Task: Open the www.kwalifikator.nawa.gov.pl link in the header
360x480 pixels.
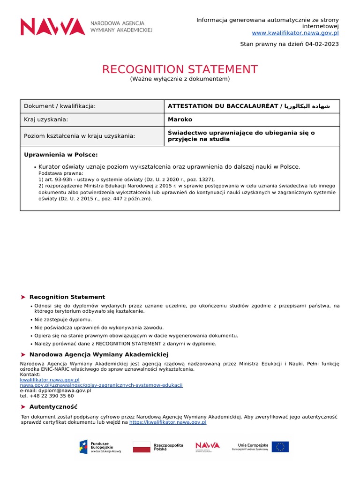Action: (295, 33)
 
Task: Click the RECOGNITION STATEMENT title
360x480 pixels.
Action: (180, 70)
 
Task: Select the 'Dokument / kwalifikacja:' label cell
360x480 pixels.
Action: (60, 106)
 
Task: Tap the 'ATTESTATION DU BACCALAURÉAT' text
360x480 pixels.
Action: (223, 106)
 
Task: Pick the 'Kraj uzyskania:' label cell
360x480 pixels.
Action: (46, 120)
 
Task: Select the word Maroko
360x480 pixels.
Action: (180, 120)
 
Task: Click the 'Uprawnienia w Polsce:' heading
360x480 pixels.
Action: (60, 155)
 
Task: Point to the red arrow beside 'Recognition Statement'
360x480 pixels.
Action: (23, 297)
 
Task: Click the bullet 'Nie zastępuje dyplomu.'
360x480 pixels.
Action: (63, 319)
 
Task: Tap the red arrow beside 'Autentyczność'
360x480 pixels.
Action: (23, 407)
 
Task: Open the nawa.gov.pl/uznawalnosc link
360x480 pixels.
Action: (101, 385)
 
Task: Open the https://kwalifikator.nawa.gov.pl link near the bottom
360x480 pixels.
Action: (167, 422)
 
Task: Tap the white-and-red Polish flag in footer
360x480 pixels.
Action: (142, 447)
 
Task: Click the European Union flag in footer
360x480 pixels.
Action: (280, 447)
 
